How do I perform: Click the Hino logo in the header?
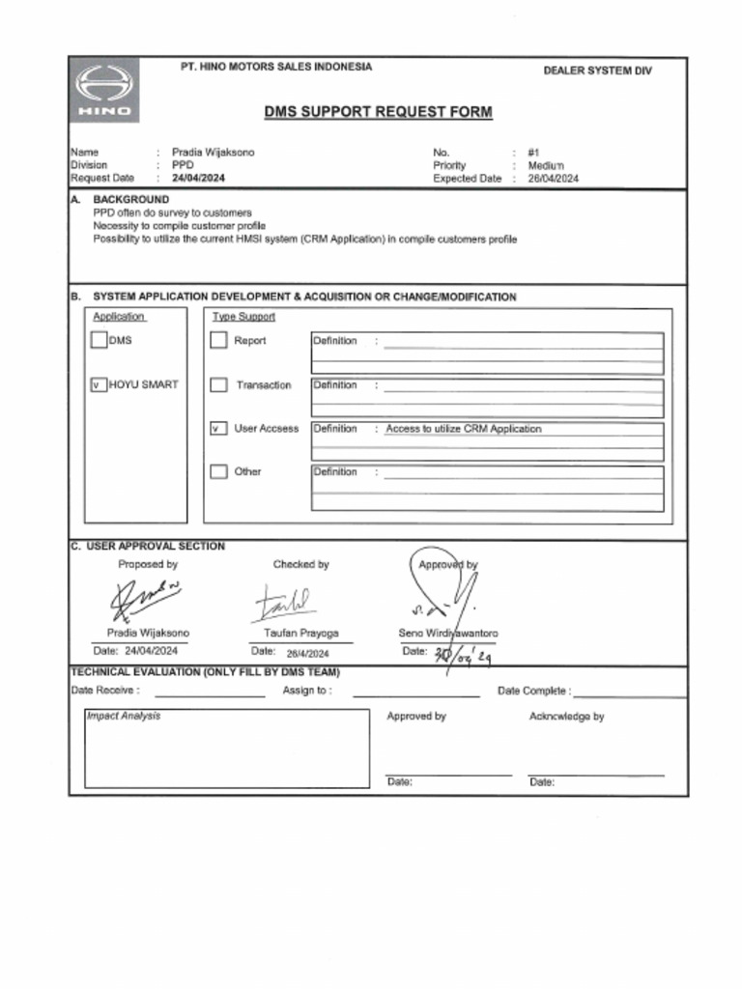pyautogui.click(x=103, y=90)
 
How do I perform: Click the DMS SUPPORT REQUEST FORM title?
pyautogui.click(x=378, y=112)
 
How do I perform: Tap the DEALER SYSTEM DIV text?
pyautogui.click(x=597, y=71)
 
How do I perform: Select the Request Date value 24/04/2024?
pyautogui.click(x=199, y=179)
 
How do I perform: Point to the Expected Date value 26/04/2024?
pyautogui.click(x=554, y=179)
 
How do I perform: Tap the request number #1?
pyautogui.click(x=533, y=153)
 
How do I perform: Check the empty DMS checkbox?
pyautogui.click(x=98, y=340)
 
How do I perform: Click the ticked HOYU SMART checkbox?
pyautogui.click(x=98, y=384)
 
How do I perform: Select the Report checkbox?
pyautogui.click(x=218, y=340)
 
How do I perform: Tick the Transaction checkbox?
pyautogui.click(x=218, y=385)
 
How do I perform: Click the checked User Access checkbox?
pyautogui.click(x=218, y=429)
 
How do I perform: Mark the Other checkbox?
pyautogui.click(x=218, y=472)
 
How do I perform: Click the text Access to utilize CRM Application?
pyautogui.click(x=464, y=429)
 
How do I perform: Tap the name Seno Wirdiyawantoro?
pyautogui.click(x=448, y=634)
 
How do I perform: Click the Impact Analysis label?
pyautogui.click(x=124, y=716)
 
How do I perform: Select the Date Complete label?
pyautogui.click(x=532, y=691)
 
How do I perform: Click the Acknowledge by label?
pyautogui.click(x=566, y=717)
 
